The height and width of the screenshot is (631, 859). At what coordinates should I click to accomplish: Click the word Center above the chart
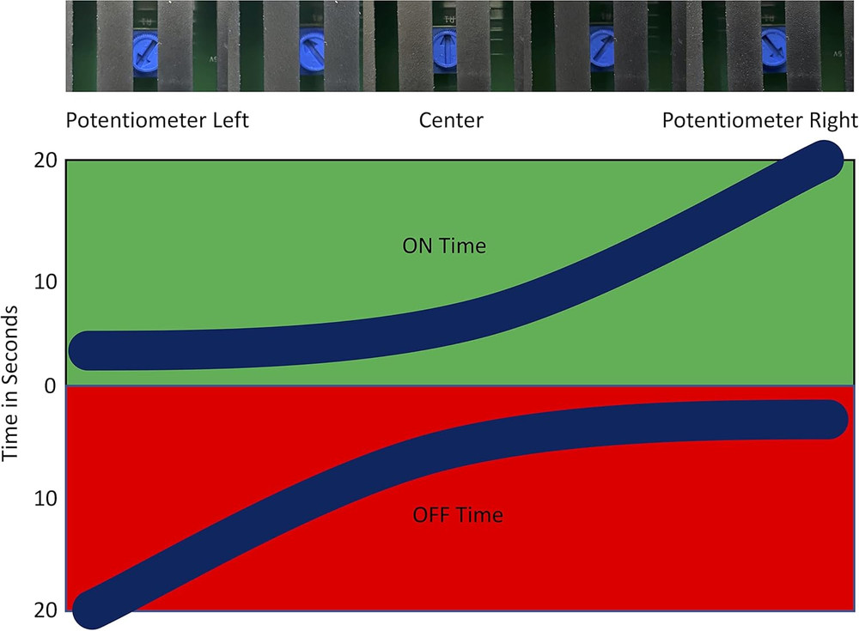(x=451, y=119)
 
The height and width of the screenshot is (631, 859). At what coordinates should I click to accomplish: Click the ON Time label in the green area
(x=444, y=246)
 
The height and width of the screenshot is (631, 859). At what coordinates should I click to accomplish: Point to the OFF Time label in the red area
(x=458, y=516)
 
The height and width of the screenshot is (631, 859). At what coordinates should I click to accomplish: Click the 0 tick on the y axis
(x=50, y=385)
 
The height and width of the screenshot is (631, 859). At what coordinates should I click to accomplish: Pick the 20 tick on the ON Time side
(x=46, y=161)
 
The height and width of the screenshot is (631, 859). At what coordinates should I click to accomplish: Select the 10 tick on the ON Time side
(x=46, y=282)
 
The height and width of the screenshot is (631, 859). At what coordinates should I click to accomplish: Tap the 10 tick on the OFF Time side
(x=46, y=498)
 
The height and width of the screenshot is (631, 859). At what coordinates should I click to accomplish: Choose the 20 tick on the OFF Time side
(x=46, y=610)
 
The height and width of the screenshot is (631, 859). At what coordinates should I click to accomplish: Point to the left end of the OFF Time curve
(x=90, y=609)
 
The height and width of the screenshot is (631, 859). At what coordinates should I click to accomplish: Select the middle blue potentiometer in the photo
(x=445, y=46)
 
